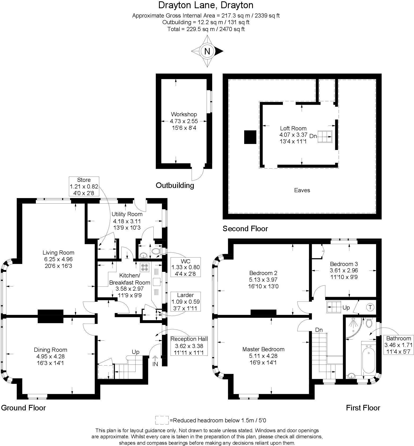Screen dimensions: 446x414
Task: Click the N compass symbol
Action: click(207, 51)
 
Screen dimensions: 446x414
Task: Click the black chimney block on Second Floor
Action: click(250, 137)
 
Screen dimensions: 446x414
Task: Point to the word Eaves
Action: click(302, 190)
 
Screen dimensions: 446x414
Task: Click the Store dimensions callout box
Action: click(84, 186)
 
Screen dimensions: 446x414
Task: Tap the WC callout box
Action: click(186, 267)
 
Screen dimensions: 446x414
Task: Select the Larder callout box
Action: click(186, 302)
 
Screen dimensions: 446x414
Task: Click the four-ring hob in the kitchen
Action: click(145, 267)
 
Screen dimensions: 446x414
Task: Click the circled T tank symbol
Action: click(370, 307)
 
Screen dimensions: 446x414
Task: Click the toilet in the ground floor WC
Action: click(156, 251)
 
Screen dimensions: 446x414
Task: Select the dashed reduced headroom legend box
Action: click(162, 420)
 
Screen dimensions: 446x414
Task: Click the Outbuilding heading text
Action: click(175, 185)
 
